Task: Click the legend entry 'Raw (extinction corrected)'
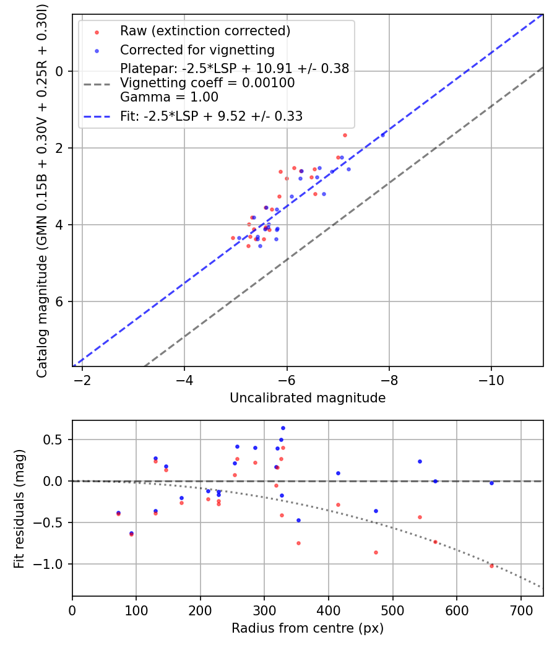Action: [205, 31]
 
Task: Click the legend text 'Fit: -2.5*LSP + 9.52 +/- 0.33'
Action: [211, 116]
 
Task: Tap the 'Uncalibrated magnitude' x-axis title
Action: [308, 398]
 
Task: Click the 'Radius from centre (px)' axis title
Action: [308, 628]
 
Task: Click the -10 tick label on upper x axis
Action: [491, 379]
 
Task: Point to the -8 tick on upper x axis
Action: [389, 379]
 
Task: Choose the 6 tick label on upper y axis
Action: [61, 301]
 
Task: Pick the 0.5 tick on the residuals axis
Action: [58, 440]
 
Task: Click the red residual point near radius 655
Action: [492, 566]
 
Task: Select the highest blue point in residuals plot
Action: [283, 428]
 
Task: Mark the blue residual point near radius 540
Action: [420, 461]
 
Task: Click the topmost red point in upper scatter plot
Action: [345, 135]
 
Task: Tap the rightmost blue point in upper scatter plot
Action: [382, 134]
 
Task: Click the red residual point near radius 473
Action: [376, 552]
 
